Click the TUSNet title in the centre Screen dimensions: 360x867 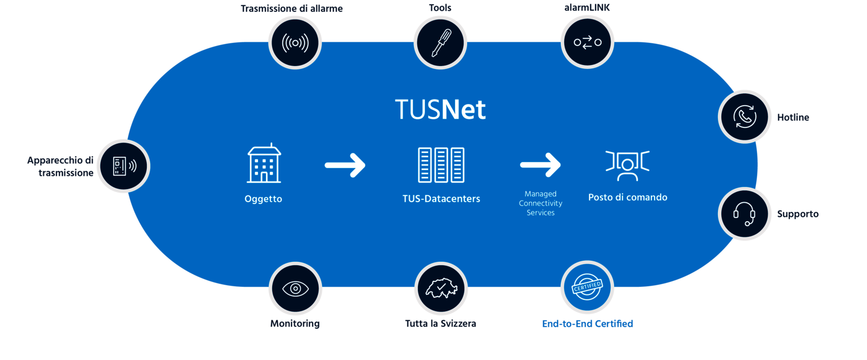click(x=440, y=110)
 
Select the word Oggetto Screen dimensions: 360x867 click(x=263, y=199)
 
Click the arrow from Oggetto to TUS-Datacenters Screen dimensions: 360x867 click(x=345, y=165)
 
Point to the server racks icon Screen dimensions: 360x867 click(x=441, y=165)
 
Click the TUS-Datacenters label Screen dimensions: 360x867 click(x=441, y=199)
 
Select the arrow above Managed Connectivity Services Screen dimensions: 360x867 click(x=540, y=165)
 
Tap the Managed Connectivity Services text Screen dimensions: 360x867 click(x=540, y=203)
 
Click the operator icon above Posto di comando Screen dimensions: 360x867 click(x=627, y=165)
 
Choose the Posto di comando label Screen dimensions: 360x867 click(x=627, y=197)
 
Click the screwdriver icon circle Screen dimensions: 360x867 click(x=441, y=42)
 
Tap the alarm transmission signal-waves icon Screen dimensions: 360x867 click(x=295, y=42)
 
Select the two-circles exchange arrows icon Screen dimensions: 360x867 click(x=587, y=42)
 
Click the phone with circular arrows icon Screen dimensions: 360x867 click(x=745, y=117)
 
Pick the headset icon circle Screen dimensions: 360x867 click(x=745, y=214)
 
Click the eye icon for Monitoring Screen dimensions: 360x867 click(x=295, y=288)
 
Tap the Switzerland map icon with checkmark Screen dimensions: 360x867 click(x=441, y=288)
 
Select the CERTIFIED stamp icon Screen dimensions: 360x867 click(x=587, y=287)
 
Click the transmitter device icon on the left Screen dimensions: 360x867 click(x=124, y=166)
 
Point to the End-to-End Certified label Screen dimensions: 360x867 click(x=587, y=324)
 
